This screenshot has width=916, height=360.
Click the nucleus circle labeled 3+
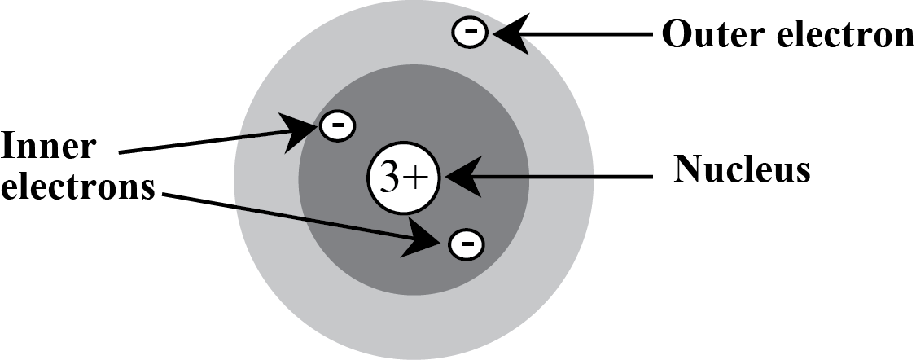click(404, 178)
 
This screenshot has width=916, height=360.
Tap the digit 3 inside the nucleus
click(391, 178)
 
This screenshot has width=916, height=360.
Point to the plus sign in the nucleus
click(416, 178)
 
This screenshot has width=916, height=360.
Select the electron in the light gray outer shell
click(470, 33)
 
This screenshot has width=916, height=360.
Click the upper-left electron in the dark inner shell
click(337, 125)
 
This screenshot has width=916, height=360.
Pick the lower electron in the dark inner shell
click(466, 242)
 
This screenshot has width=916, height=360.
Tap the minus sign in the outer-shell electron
click(470, 33)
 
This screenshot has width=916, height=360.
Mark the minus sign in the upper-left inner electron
click(337, 125)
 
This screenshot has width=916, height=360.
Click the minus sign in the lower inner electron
click(466, 242)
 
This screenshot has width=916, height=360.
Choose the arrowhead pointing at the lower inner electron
click(426, 238)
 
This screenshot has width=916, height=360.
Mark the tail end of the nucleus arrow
click(593, 176)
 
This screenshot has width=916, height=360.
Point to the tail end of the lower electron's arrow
click(238, 208)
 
